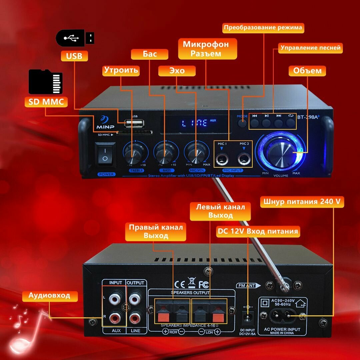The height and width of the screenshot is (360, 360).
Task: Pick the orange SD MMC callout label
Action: tap(46, 102)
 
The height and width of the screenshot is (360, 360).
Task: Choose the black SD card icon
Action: tap(45, 82)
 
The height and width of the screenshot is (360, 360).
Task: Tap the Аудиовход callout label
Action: tap(49, 295)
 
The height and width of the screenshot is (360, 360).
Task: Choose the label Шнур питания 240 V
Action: tap(302, 202)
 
